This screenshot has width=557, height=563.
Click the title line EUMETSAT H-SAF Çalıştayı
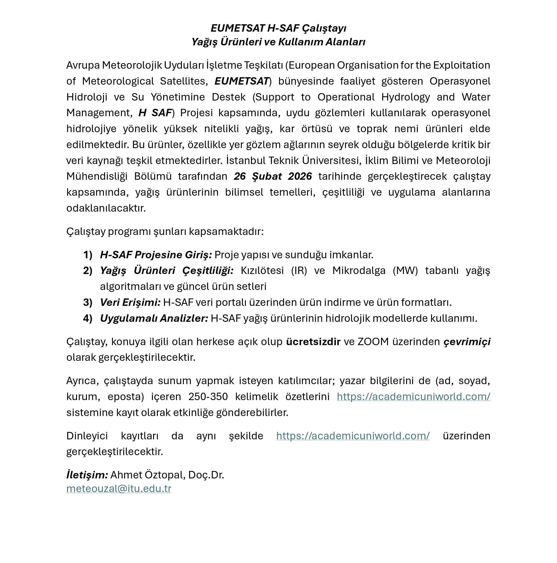pyautogui.click(x=278, y=28)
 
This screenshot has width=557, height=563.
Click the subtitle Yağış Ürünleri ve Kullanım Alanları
pyautogui.click(x=278, y=42)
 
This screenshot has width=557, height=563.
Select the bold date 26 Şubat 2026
pyautogui.click(x=273, y=176)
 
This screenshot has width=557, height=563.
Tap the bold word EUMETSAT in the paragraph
pyautogui.click(x=242, y=81)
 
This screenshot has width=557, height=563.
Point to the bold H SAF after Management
pyautogui.click(x=155, y=113)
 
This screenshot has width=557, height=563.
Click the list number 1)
pyautogui.click(x=88, y=255)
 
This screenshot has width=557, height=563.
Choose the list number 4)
pyautogui.click(x=88, y=318)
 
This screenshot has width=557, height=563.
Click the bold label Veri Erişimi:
pyautogui.click(x=130, y=302)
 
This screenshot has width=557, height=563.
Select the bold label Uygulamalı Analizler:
pyautogui.click(x=154, y=318)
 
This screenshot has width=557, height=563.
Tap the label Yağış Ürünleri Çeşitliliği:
pyautogui.click(x=167, y=271)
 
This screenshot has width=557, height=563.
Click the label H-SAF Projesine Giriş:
pyautogui.click(x=156, y=255)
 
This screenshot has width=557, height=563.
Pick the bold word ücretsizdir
pyautogui.click(x=313, y=342)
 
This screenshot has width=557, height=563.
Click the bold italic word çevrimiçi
pyautogui.click(x=467, y=342)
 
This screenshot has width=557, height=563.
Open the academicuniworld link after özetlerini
pyautogui.click(x=413, y=397)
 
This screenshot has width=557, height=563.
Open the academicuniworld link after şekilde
pyautogui.click(x=353, y=436)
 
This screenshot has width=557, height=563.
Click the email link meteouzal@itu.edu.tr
pyautogui.click(x=119, y=489)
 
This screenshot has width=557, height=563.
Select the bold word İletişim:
pyautogui.click(x=87, y=475)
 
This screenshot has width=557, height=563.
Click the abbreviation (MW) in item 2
pyautogui.click(x=405, y=271)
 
